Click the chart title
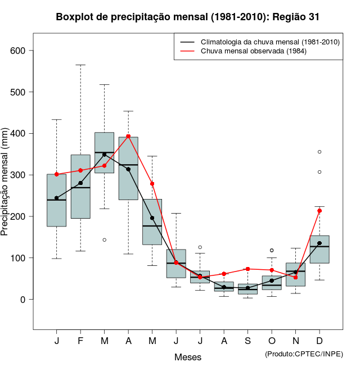pyautogui.click(x=188, y=17)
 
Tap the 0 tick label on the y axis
pyautogui.click(x=23, y=300)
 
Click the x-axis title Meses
pyautogui.click(x=188, y=357)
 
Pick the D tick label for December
pyautogui.click(x=319, y=341)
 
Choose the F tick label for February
pyautogui.click(x=80, y=341)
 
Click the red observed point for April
pyautogui.click(x=128, y=136)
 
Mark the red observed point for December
pyautogui.click(x=319, y=211)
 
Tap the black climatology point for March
pyautogui.click(x=105, y=155)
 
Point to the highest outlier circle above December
pyautogui.click(x=319, y=152)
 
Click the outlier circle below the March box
pyautogui.click(x=105, y=240)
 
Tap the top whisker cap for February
pyautogui.click(x=80, y=65)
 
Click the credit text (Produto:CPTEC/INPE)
pyautogui.click(x=304, y=354)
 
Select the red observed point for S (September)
pyautogui.click(x=247, y=269)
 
